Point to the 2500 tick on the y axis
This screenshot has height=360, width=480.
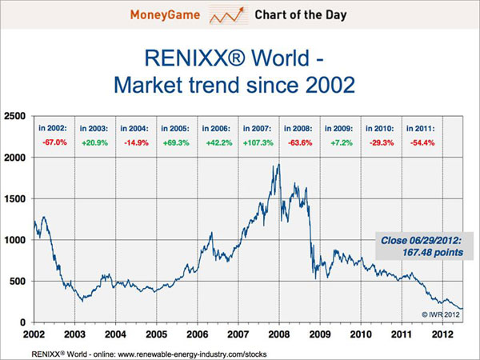(x=15, y=116)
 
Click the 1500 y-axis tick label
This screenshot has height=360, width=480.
(x=15, y=198)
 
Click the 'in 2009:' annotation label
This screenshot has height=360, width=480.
(x=340, y=128)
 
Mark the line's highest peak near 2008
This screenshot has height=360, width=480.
(x=278, y=165)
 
